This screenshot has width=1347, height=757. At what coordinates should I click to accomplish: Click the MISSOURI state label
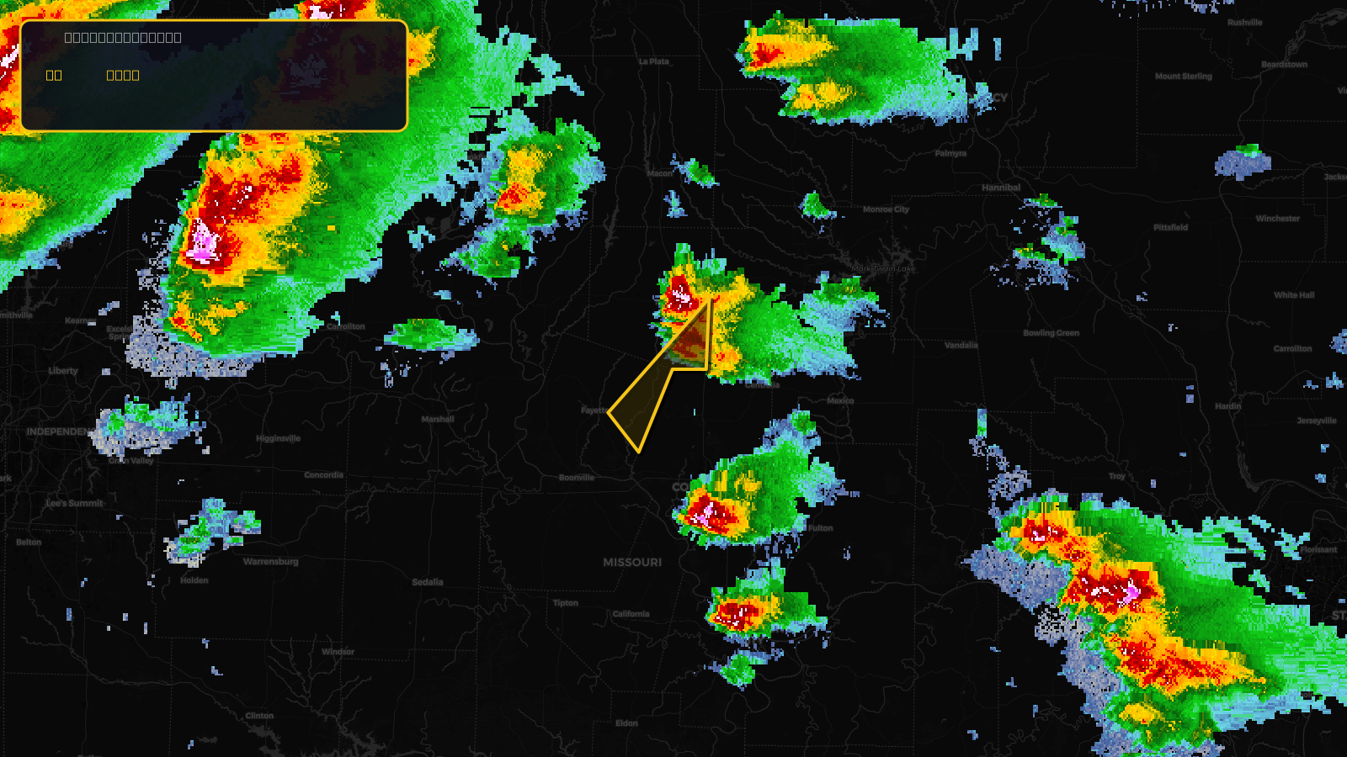[632, 562]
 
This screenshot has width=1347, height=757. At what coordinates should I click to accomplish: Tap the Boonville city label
[577, 478]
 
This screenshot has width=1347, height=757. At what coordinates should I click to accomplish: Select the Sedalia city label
[428, 582]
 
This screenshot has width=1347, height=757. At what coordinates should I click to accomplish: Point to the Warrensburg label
[270, 561]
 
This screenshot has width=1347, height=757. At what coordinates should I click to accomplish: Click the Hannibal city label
[1001, 188]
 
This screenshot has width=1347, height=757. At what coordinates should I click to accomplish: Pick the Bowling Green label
[1051, 333]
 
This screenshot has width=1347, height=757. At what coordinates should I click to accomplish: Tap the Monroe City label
[886, 209]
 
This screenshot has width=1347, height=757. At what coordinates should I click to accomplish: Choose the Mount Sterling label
[1183, 77]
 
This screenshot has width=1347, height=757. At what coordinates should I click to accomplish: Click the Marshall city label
[437, 419]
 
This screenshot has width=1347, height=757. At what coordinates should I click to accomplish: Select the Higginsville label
[278, 438]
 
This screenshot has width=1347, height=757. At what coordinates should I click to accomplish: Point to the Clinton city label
[259, 716]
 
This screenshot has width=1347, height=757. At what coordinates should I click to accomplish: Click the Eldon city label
[626, 723]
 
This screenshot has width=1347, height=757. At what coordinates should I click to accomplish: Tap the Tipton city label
[565, 603]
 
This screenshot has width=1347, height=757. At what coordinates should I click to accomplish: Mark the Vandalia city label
[961, 345]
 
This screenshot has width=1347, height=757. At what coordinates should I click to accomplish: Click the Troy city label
[1116, 476]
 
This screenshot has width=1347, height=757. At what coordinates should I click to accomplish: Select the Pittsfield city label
[1170, 227]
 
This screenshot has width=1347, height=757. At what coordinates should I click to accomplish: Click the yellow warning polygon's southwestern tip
[638, 452]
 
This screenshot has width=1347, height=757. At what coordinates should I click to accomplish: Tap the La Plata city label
[653, 61]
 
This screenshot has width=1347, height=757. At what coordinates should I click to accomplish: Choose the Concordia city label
[323, 475]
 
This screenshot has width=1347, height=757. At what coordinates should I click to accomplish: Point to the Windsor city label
[338, 652]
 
